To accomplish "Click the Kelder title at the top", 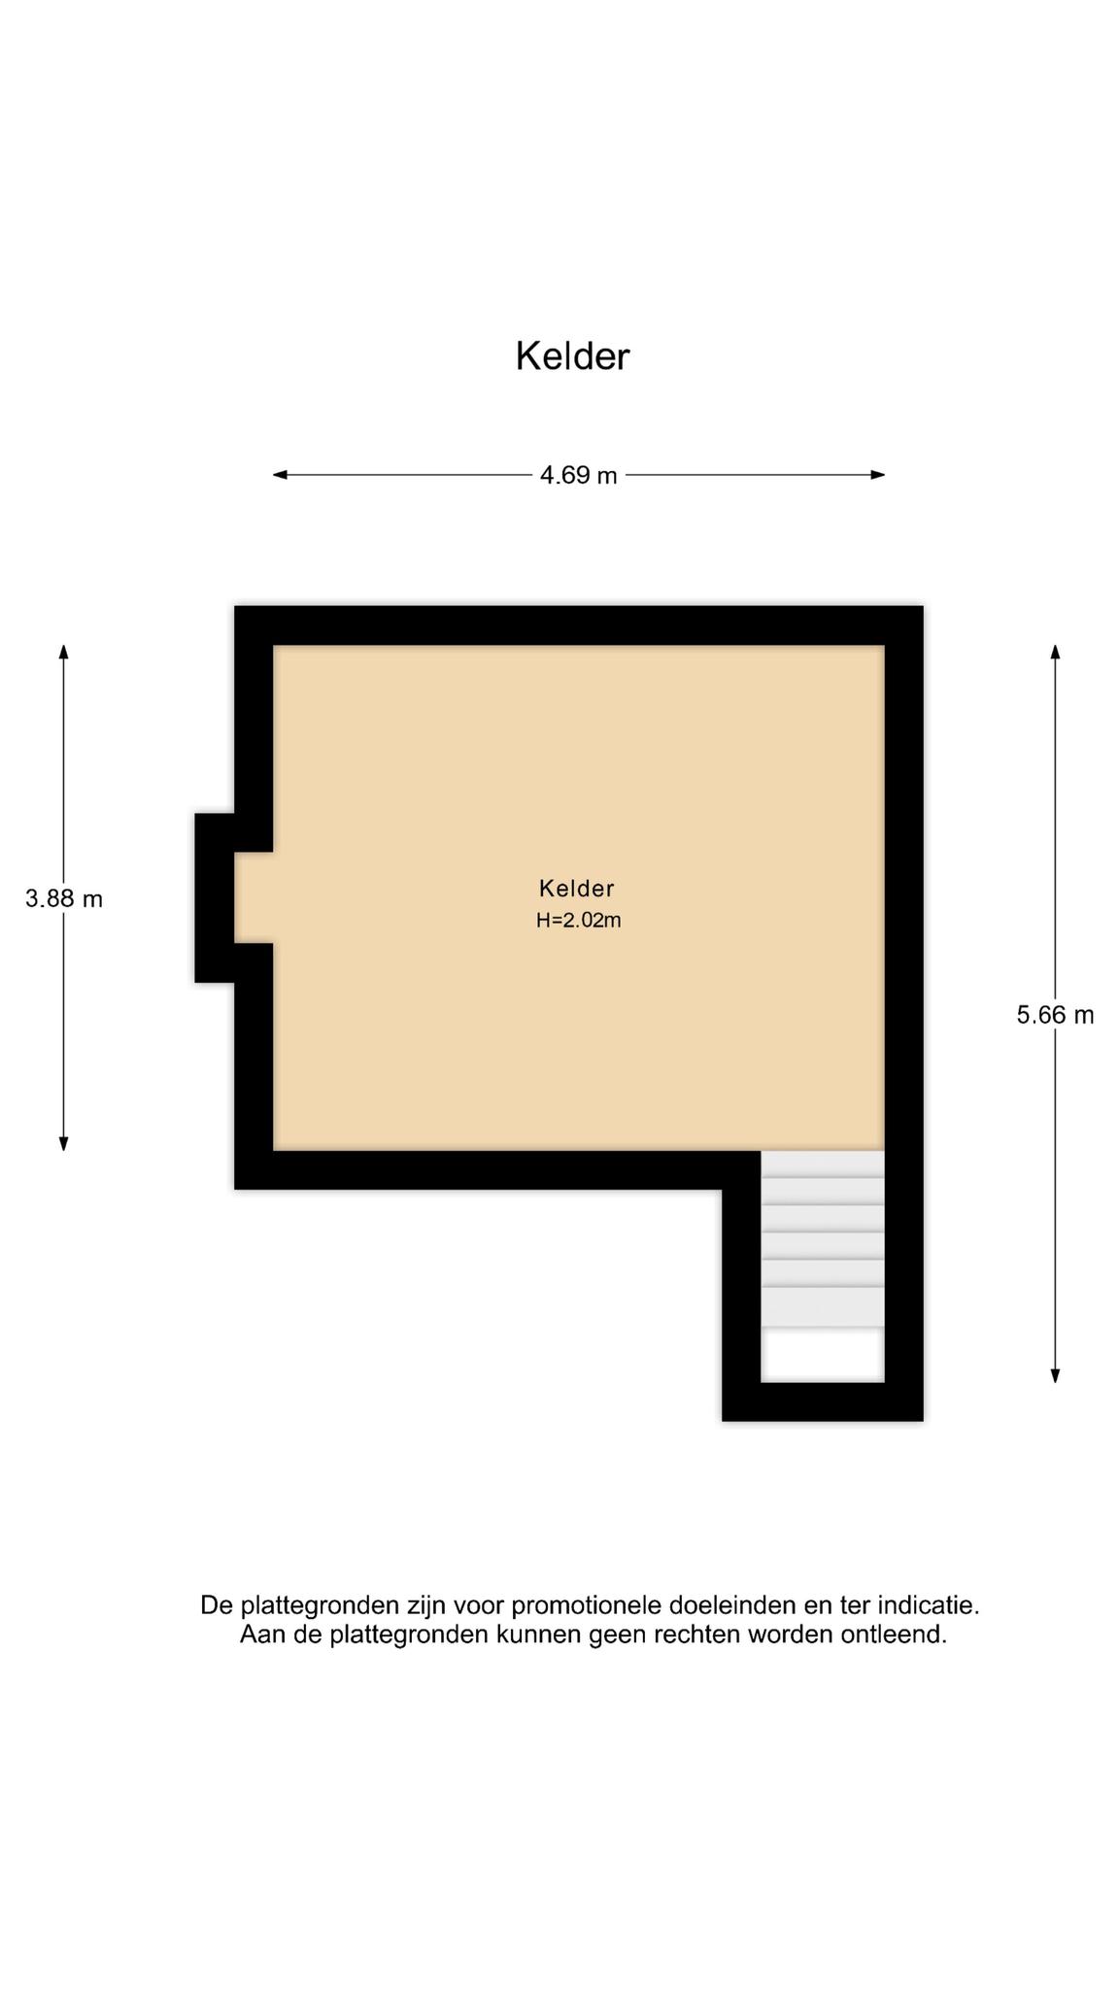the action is pyautogui.click(x=572, y=356).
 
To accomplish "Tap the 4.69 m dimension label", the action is pyautogui.click(x=579, y=475).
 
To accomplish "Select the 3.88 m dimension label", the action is pyautogui.click(x=64, y=898).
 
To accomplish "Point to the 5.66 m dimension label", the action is pyautogui.click(x=1055, y=1015).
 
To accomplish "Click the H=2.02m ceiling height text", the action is pyautogui.click(x=578, y=921).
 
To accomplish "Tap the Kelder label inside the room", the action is pyautogui.click(x=577, y=888).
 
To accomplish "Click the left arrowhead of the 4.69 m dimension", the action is pyautogui.click(x=280, y=475).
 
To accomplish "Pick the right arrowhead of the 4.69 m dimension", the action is pyautogui.click(x=878, y=475).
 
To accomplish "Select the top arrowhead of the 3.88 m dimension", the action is pyautogui.click(x=64, y=652).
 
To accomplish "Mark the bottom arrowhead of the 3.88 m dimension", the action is pyautogui.click(x=64, y=1143).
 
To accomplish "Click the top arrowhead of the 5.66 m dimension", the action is pyautogui.click(x=1055, y=652).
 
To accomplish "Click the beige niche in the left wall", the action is pyautogui.click(x=254, y=897).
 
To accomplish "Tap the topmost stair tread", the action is pyautogui.click(x=823, y=1163).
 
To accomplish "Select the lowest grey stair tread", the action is pyautogui.click(x=823, y=1307).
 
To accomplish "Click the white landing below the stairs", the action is pyautogui.click(x=823, y=1354).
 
